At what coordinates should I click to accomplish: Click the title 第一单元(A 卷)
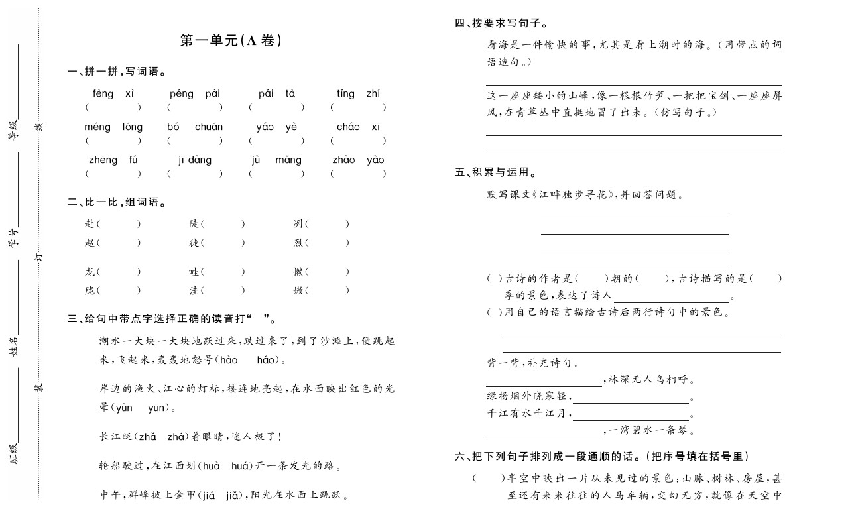(x=231, y=41)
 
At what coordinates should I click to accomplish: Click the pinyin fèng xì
(x=113, y=93)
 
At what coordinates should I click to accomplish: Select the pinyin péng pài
(x=194, y=93)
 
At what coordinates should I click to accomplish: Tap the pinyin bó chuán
(x=194, y=127)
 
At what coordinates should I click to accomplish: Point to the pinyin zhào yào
(x=358, y=160)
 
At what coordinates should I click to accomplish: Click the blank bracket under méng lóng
(x=113, y=141)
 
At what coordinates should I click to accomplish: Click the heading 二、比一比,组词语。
(x=117, y=202)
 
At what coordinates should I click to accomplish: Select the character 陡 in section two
(x=194, y=224)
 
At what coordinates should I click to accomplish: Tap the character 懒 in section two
(x=298, y=272)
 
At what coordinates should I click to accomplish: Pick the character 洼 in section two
(x=194, y=290)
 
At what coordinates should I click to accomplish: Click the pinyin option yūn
(x=157, y=408)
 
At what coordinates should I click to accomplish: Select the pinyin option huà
(x=211, y=466)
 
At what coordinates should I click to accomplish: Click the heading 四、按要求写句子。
(x=501, y=23)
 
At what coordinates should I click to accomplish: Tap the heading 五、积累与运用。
(x=495, y=172)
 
